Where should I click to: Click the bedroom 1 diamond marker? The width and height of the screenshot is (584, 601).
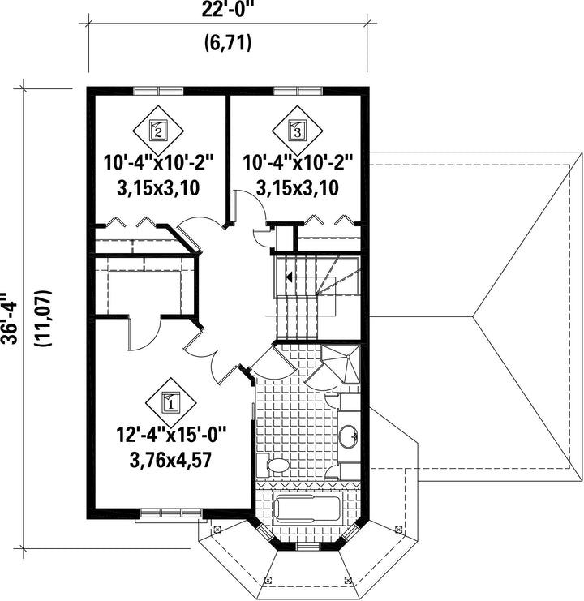(x=171, y=402)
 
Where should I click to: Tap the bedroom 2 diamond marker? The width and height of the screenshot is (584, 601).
(x=158, y=131)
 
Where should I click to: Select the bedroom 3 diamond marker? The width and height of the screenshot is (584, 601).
(x=298, y=131)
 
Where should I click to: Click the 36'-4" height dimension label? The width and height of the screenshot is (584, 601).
(x=8, y=318)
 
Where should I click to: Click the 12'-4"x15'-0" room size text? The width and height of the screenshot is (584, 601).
(x=171, y=436)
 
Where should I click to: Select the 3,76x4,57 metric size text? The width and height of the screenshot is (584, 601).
(x=170, y=460)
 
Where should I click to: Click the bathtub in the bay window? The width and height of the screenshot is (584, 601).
(x=307, y=509)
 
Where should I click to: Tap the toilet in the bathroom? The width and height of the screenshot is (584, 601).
(x=273, y=465)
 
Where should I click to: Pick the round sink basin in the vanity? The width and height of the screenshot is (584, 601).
(x=349, y=436)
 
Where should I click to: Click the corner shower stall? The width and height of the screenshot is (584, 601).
(x=341, y=363)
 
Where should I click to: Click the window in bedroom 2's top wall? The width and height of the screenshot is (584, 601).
(x=158, y=91)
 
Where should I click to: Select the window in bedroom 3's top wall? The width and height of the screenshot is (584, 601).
(x=298, y=91)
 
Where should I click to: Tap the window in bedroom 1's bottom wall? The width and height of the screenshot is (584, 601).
(x=171, y=513)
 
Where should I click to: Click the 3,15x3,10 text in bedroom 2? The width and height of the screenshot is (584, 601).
(x=158, y=188)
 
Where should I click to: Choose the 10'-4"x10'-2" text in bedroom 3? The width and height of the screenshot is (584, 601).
(x=298, y=162)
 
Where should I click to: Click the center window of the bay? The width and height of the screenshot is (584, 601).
(x=308, y=547)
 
